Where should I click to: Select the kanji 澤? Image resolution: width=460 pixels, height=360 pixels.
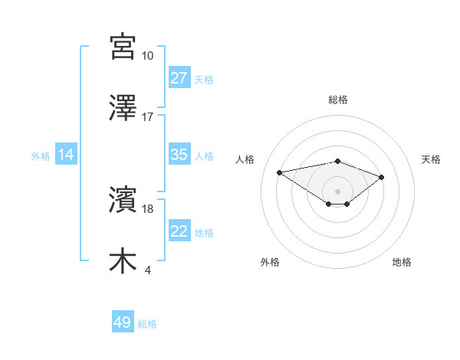coord(123,107)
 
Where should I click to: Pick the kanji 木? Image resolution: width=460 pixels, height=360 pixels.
coord(123,260)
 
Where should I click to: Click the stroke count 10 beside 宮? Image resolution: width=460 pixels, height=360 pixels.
coord(148,56)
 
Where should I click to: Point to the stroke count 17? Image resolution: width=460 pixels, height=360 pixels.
coord(148,117)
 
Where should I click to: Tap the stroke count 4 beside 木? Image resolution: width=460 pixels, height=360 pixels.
coord(147,270)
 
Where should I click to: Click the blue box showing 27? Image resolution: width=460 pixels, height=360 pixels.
coord(179,78)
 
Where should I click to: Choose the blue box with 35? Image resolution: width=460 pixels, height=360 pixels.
coord(179,155)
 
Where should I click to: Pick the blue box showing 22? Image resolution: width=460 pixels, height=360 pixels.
coord(179,231)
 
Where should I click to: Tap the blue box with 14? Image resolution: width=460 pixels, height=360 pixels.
coord(66,155)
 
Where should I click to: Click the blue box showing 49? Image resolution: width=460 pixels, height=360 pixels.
coord(123,322)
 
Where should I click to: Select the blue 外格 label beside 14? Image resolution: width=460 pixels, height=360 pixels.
coord(41,155)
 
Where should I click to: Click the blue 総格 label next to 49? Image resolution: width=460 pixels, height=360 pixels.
coord(147,324)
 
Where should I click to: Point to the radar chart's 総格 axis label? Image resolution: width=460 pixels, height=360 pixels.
coord(337,100)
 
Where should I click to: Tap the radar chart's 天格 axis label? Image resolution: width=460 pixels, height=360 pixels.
coord(432,159)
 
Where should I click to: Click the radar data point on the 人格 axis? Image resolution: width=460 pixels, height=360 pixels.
coord(280,172)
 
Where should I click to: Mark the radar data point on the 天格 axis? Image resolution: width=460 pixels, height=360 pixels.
coord(381,177)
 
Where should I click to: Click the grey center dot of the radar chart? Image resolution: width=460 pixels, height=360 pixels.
coord(337,191)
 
